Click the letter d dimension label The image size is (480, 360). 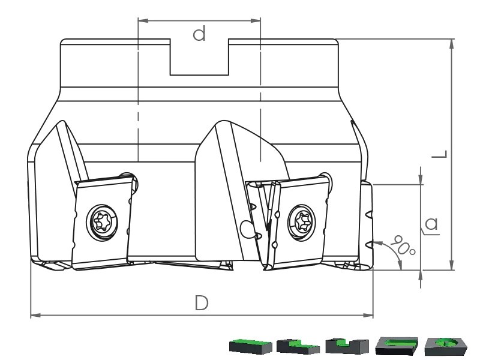199,34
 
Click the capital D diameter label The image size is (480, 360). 202,303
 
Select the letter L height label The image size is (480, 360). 440,154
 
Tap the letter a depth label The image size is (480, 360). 431,224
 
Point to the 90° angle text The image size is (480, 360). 403,245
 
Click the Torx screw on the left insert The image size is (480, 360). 102,222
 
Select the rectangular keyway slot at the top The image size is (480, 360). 199,57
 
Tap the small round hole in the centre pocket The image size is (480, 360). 246,228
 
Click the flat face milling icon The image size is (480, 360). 250,346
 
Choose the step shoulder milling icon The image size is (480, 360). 298,346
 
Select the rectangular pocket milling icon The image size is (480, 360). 397,346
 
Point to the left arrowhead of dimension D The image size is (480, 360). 35,315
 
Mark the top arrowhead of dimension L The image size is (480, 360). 452,44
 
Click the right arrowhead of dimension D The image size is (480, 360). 368,316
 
